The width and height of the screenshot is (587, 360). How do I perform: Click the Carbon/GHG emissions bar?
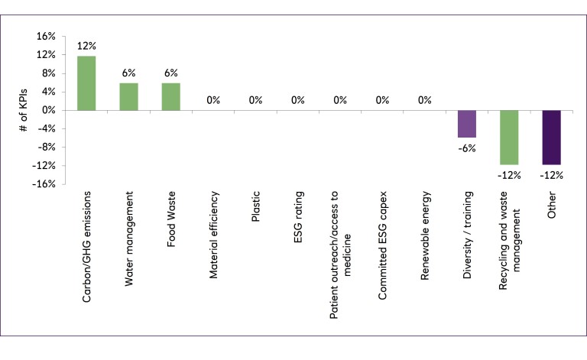click(x=86, y=83)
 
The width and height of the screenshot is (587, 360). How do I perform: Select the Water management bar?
click(x=128, y=97)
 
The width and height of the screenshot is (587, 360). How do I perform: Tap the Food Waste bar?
click(x=170, y=97)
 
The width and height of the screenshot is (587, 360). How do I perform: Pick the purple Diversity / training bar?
click(x=467, y=124)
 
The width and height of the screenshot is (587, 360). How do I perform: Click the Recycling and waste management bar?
click(x=509, y=138)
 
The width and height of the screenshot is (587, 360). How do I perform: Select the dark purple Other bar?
click(x=551, y=138)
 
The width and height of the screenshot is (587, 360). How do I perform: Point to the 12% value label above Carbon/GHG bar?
click(x=86, y=45)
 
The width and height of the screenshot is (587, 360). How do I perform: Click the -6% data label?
click(x=467, y=148)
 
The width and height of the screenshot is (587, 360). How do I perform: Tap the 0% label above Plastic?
click(x=255, y=100)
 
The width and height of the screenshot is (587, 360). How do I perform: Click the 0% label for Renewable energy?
click(x=425, y=100)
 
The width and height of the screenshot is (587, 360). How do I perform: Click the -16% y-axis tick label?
click(x=44, y=184)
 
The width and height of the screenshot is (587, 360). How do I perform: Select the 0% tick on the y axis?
click(x=48, y=110)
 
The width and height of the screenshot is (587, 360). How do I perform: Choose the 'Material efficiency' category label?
click(x=213, y=238)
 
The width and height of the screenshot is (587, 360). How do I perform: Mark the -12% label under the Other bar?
click(x=551, y=175)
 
